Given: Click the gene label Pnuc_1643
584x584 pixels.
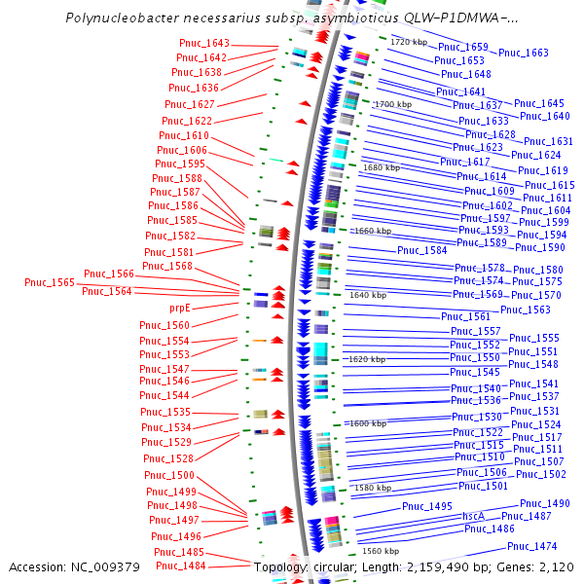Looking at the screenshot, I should (x=204, y=44).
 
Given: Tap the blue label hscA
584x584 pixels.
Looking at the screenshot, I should (x=473, y=516).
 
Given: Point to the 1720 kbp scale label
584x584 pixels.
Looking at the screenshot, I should (x=409, y=42).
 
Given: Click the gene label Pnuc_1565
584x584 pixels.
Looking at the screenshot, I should (x=50, y=282).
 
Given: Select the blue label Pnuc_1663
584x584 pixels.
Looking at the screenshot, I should (x=524, y=53).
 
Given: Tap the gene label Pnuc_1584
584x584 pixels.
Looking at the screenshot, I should (x=422, y=250).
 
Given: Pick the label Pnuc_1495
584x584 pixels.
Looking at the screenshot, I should (x=427, y=506).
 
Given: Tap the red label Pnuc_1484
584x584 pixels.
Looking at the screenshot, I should (x=181, y=566).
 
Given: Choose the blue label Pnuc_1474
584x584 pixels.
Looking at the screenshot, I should (x=532, y=546).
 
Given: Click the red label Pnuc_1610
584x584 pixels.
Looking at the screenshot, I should (x=184, y=136).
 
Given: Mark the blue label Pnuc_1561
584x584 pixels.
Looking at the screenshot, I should (x=466, y=316).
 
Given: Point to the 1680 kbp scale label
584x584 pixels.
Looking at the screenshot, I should (x=382, y=167).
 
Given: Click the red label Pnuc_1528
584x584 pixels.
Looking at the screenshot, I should (x=168, y=458).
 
